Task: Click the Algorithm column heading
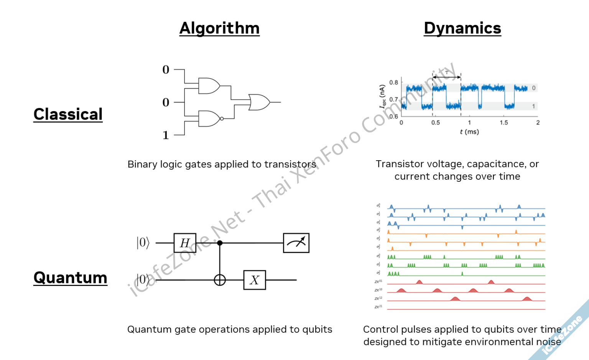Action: click(219, 28)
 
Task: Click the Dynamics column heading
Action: click(462, 28)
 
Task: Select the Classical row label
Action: click(68, 114)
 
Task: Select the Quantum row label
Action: click(70, 278)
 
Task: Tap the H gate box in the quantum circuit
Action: click(185, 243)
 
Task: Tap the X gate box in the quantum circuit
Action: click(255, 280)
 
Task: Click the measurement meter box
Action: click(296, 243)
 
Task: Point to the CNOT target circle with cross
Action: click(220, 280)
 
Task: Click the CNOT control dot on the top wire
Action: click(220, 243)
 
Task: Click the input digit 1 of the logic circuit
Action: click(166, 135)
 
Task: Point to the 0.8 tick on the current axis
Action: click(393, 82)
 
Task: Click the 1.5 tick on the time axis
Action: click(503, 123)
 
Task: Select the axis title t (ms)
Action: click(469, 132)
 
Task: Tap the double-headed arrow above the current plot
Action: click(447, 77)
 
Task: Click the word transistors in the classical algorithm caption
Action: click(290, 164)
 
